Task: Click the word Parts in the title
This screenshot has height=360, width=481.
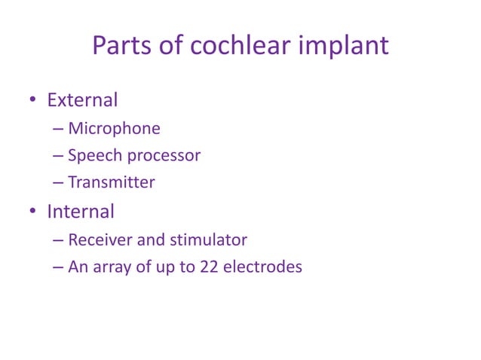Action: pos(120,47)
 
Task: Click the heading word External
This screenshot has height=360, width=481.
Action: pos(82,100)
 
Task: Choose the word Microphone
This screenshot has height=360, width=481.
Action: pos(114,129)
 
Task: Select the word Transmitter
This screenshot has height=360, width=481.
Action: pos(111,182)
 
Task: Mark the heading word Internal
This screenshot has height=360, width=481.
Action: pos(80,212)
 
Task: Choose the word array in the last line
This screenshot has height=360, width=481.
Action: pos(112,266)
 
